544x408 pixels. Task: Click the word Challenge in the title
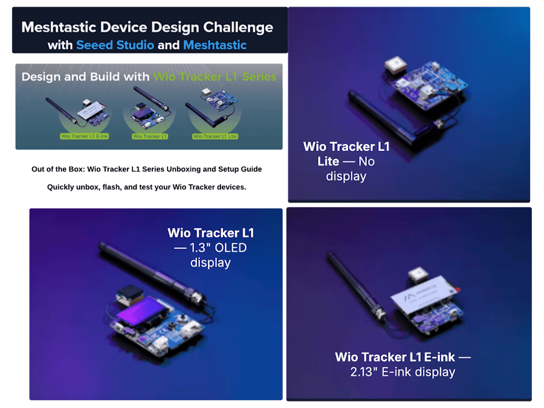pyautogui.click(x=238, y=27)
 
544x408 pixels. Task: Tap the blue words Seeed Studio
pyautogui.click(x=115, y=45)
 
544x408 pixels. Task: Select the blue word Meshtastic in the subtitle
pyautogui.click(x=215, y=45)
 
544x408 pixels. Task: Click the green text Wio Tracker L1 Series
pyautogui.click(x=215, y=77)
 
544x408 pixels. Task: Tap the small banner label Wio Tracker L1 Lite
pyautogui.click(x=215, y=136)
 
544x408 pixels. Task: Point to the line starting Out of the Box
pyautogui.click(x=147, y=169)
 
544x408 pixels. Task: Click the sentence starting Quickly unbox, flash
pyautogui.click(x=147, y=187)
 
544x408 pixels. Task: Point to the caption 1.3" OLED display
pyautogui.click(x=210, y=255)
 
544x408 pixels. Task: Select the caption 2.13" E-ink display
pyautogui.click(x=403, y=372)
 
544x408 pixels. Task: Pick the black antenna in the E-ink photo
pyautogui.click(x=351, y=284)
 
